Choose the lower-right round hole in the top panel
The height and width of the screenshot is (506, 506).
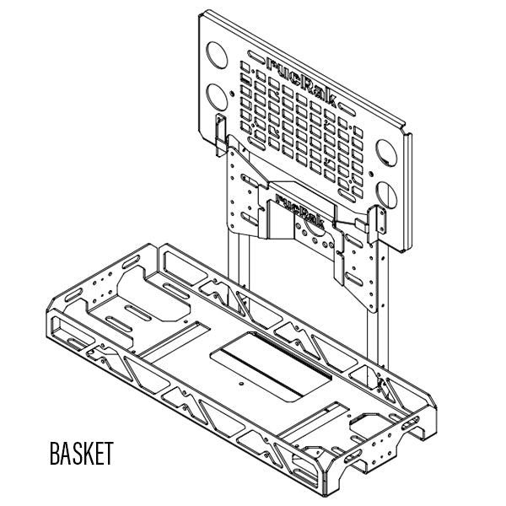pos(387,193)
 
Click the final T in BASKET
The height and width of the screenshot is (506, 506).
pos(107,453)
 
